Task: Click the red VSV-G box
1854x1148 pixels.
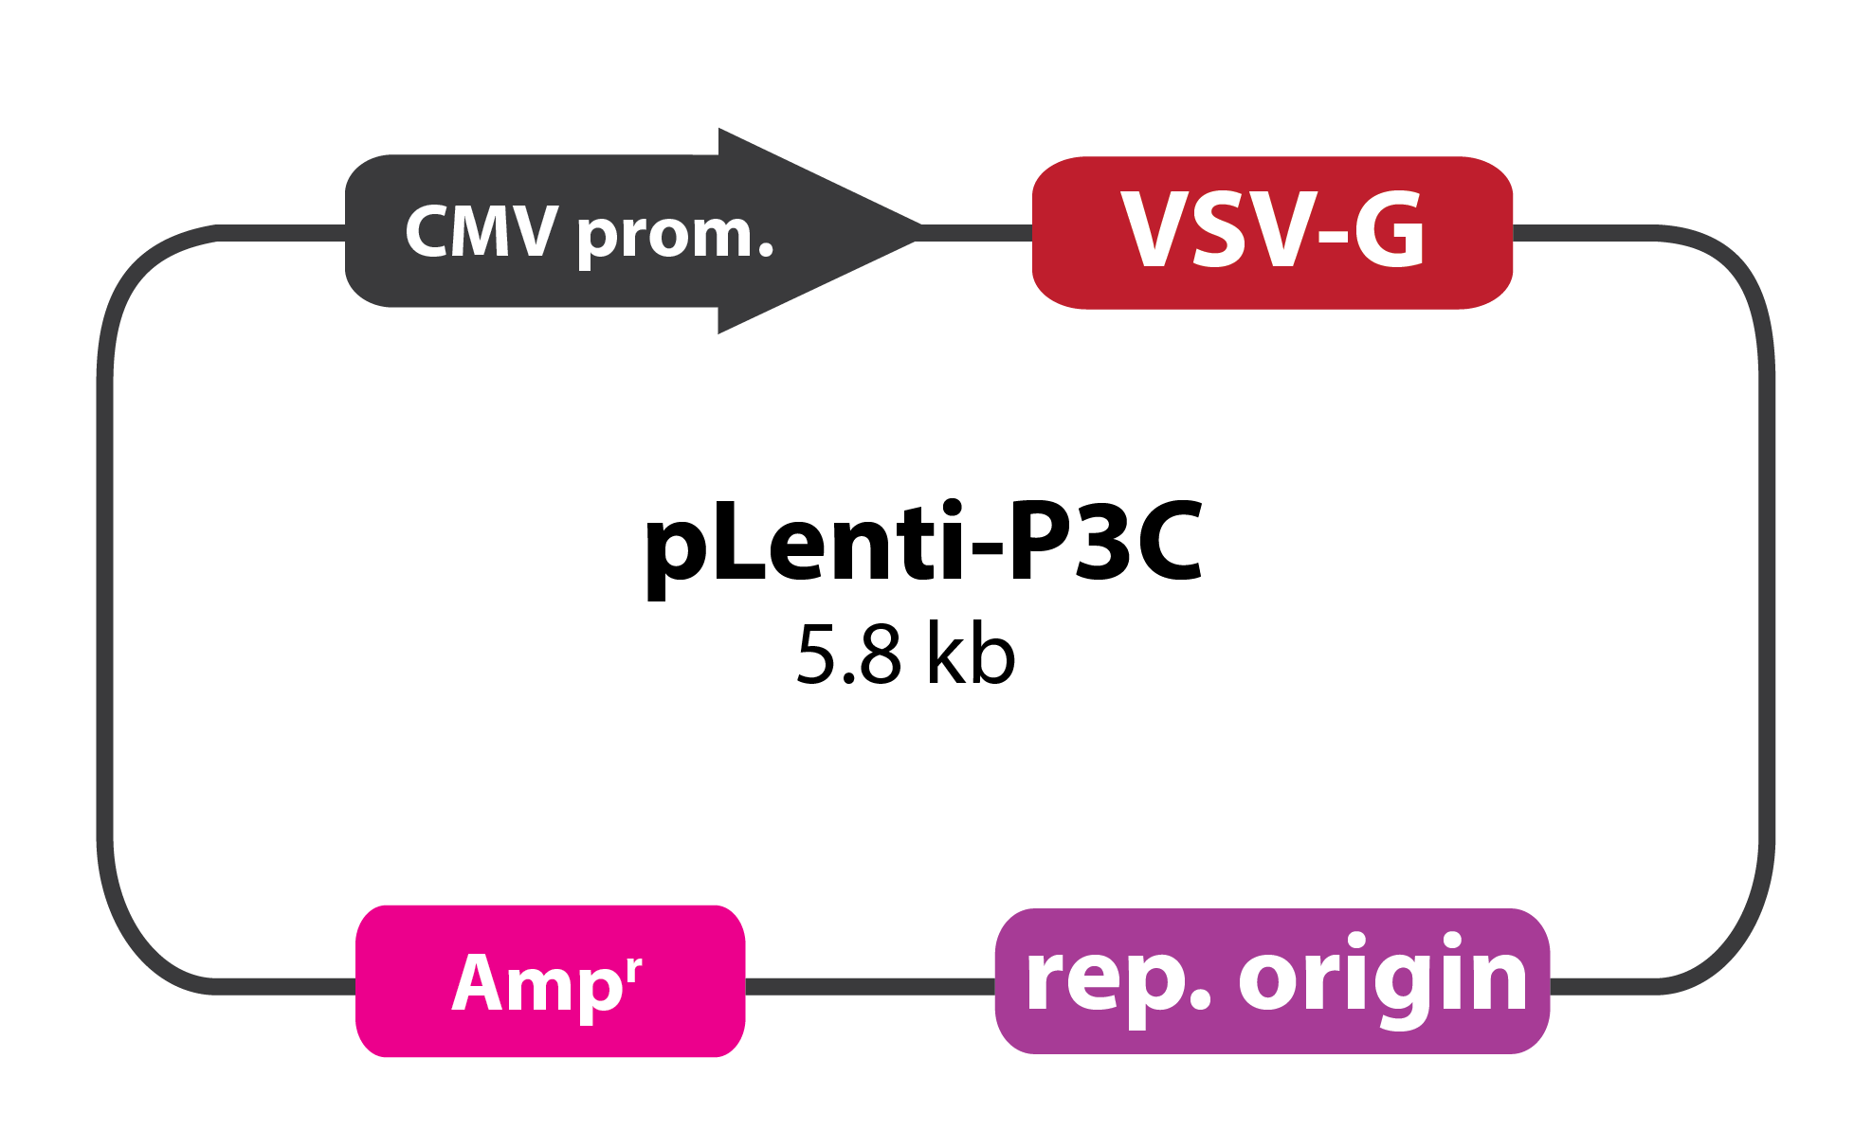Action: [1272, 233]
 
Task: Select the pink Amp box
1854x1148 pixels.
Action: [551, 981]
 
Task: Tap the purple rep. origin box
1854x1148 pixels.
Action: [1272, 981]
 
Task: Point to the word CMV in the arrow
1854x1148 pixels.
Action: [482, 231]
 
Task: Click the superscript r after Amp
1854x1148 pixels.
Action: [634, 969]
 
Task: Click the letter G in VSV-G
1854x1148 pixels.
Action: [1389, 229]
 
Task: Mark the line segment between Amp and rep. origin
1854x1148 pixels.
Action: [870, 987]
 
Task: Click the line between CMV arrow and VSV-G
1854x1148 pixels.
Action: [975, 233]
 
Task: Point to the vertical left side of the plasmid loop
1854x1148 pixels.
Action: [105, 611]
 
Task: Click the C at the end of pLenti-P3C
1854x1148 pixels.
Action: [1172, 542]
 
